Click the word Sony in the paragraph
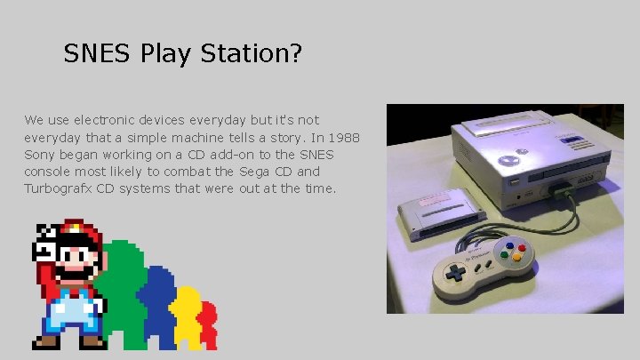[x=40, y=154]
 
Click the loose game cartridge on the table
[x=441, y=214]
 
